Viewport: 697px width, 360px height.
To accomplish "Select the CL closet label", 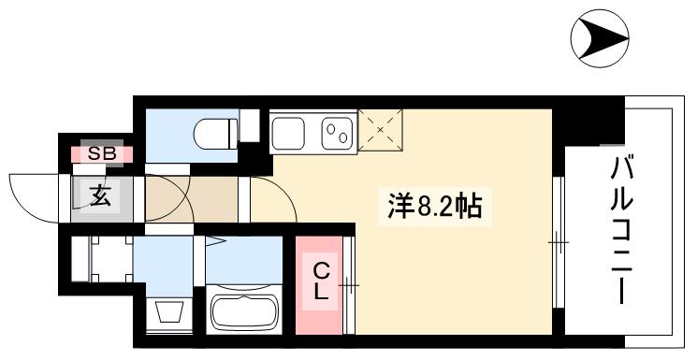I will (x=321, y=281).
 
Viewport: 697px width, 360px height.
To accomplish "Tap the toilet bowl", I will (x=213, y=134).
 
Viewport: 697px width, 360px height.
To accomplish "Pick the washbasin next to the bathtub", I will (x=171, y=311).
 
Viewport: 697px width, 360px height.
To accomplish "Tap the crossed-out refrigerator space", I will (x=381, y=129).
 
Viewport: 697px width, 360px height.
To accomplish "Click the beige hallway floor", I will (x=192, y=198).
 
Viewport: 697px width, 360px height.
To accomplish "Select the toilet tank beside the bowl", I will (x=249, y=124).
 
